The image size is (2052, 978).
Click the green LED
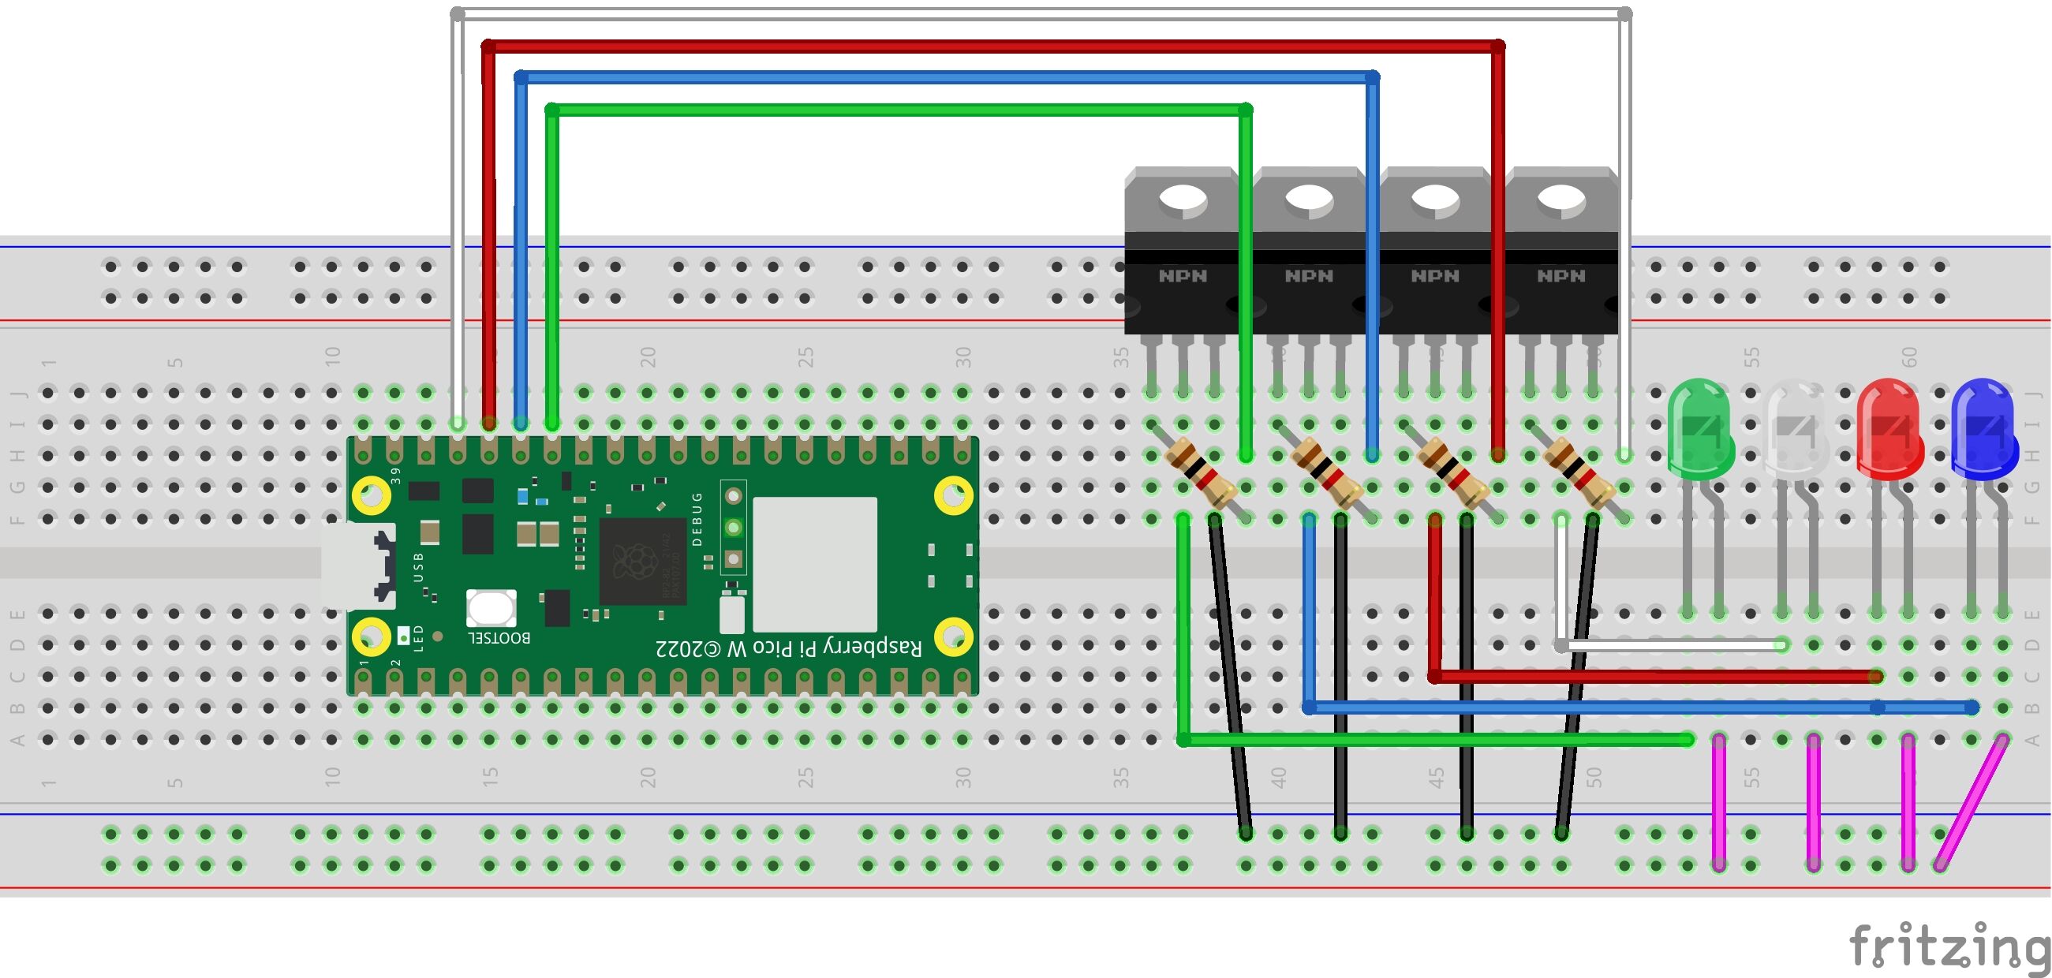(x=1700, y=430)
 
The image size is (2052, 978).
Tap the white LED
(x=1797, y=430)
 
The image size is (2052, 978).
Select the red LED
(x=1889, y=430)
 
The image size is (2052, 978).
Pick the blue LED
(x=1983, y=430)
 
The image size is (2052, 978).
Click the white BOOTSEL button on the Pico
(x=491, y=608)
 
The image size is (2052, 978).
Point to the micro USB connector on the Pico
(x=358, y=566)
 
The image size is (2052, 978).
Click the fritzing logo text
(x=1949, y=946)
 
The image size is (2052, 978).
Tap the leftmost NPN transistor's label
(x=1182, y=276)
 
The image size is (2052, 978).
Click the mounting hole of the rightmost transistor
(x=1560, y=200)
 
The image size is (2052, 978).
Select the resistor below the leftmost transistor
(x=1200, y=476)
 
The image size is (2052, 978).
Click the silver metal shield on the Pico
(x=814, y=564)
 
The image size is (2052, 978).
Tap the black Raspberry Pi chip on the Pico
(x=642, y=561)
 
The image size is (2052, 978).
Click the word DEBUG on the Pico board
(x=698, y=519)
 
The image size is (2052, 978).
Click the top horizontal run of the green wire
(x=899, y=109)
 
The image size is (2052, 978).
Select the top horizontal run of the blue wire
(x=947, y=77)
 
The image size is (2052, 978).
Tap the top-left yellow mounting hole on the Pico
(x=372, y=495)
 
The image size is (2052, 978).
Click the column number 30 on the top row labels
(x=963, y=356)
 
